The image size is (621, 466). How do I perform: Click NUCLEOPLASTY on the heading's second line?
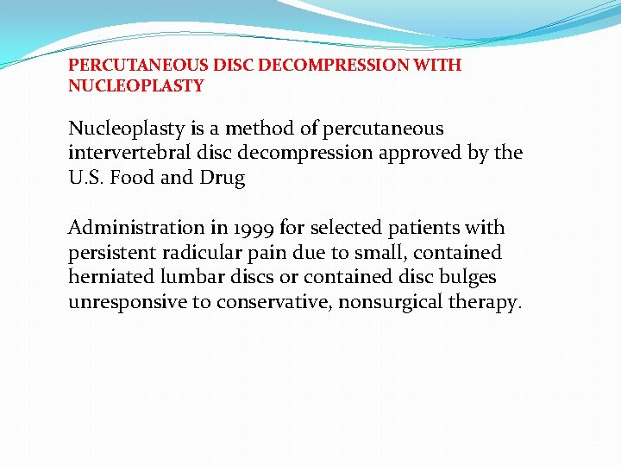coord(136,86)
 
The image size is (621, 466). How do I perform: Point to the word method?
coord(267,129)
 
